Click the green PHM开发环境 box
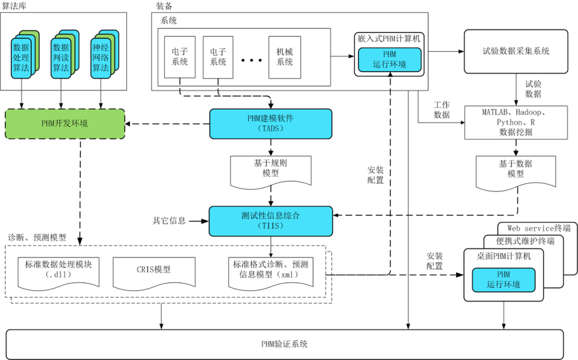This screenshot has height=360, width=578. tap(65, 124)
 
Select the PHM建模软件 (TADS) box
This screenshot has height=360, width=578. tap(270, 124)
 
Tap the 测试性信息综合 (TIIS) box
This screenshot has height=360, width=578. tap(270, 220)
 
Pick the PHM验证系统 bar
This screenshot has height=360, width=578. tap(284, 344)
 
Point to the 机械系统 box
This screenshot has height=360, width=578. tap(284, 57)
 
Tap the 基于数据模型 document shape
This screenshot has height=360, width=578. tap(516, 170)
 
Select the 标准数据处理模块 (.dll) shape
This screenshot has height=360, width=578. tap(58, 269)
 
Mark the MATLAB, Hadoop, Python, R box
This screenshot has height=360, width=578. tap(516, 122)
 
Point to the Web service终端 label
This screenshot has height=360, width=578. tap(538, 228)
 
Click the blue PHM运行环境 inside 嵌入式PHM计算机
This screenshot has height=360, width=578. tap(389, 59)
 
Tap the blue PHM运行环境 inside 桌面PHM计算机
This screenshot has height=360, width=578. tap(503, 280)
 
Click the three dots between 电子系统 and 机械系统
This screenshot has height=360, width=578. tap(250, 60)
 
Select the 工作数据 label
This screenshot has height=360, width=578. tap(442, 110)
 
